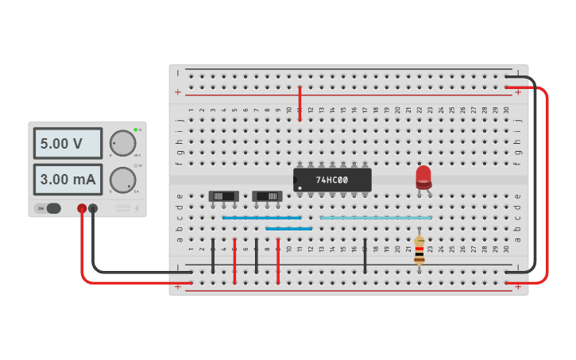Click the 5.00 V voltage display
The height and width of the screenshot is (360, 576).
point(68,144)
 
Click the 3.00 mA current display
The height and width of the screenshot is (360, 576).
point(68,180)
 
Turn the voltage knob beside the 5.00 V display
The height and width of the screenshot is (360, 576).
point(122,143)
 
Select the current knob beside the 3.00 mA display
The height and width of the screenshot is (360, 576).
point(122,180)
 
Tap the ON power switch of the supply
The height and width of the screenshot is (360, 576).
point(49,208)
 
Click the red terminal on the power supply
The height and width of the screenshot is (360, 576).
point(82,208)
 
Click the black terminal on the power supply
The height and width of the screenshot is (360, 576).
point(93,208)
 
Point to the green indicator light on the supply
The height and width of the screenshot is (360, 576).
point(136,130)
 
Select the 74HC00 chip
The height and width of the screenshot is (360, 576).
point(332,180)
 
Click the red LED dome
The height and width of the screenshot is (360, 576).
point(423,175)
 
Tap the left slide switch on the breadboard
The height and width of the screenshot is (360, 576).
point(223,195)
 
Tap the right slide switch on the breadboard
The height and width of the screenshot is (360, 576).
point(267,195)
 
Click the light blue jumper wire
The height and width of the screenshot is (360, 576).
point(376,217)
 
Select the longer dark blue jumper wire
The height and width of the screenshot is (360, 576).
point(262,217)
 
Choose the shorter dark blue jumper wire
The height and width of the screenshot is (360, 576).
point(289,228)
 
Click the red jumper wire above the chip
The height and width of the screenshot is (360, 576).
point(300,103)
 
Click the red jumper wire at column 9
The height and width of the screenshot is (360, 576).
point(278,262)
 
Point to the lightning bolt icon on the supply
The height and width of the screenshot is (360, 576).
point(136,208)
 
